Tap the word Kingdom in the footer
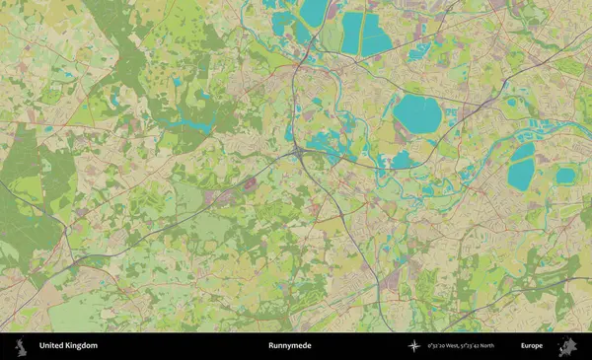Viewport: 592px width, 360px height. pos(81,346)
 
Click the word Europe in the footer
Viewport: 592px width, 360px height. pos(532,346)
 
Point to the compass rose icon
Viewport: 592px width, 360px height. pos(414,346)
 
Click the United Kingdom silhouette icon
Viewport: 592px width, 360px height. pos(20,346)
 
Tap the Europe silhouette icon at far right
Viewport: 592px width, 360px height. pos(567,346)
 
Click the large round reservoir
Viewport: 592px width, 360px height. pos(417,115)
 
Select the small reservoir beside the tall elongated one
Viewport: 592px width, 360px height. pos(565,176)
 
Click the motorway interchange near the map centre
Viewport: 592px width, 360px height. pos(297,154)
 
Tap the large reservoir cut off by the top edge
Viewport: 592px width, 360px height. pos(315,12)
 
